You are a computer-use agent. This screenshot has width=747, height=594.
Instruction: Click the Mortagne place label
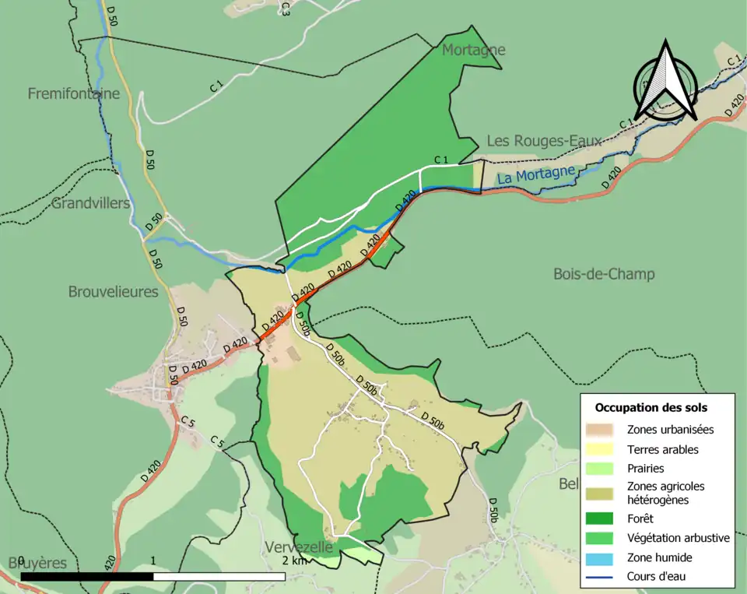(x=473, y=51)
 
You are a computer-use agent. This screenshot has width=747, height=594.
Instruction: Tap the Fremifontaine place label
(x=74, y=94)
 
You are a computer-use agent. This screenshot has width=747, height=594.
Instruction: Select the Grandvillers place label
(x=91, y=204)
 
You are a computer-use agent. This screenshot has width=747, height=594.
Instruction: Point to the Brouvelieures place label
(x=113, y=293)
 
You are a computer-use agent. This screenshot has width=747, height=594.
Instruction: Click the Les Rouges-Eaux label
(x=544, y=141)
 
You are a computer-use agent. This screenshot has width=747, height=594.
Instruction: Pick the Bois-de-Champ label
(x=604, y=274)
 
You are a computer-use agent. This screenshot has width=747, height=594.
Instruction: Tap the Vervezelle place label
(x=299, y=547)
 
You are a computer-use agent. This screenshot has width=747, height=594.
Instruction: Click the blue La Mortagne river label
(x=536, y=174)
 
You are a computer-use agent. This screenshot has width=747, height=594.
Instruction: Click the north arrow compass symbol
(x=664, y=80)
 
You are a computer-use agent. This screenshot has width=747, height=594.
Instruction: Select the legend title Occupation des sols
(x=651, y=407)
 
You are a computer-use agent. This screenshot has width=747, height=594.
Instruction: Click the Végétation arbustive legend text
(x=678, y=537)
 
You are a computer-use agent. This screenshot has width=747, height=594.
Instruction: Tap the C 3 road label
(x=285, y=9)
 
